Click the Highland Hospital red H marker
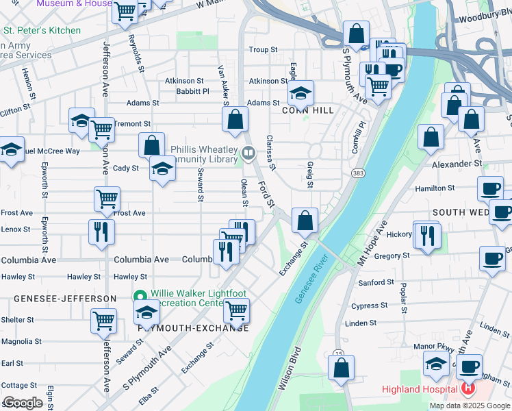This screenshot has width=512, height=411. [x=468, y=390]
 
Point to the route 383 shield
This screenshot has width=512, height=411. [x=358, y=173]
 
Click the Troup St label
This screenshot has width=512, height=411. [x=263, y=49]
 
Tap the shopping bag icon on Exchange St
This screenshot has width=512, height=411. [x=305, y=221]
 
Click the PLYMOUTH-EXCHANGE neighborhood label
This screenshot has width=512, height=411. [x=193, y=328]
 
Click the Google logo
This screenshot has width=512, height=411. [x=23, y=403]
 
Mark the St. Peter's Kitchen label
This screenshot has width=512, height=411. [x=42, y=30]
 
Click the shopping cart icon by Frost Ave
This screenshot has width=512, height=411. [x=107, y=199]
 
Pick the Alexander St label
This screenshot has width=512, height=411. [x=457, y=164]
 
